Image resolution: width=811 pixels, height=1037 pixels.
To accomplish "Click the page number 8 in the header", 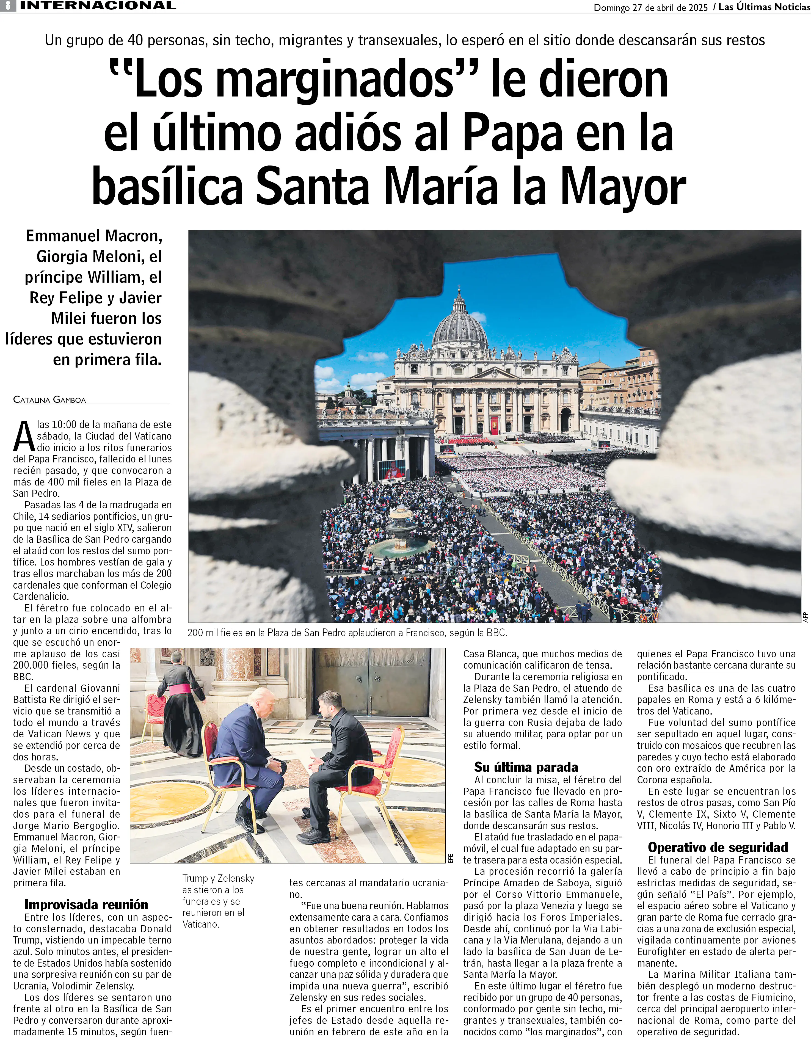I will coord(8,6).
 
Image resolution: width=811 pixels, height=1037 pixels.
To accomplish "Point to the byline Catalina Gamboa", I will coord(49,400).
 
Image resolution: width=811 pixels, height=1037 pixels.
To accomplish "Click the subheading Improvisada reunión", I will coord(86,904).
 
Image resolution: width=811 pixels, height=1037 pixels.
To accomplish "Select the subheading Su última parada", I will coord(526,767).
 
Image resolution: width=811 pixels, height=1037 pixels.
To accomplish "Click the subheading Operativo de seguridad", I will coord(718,848).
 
